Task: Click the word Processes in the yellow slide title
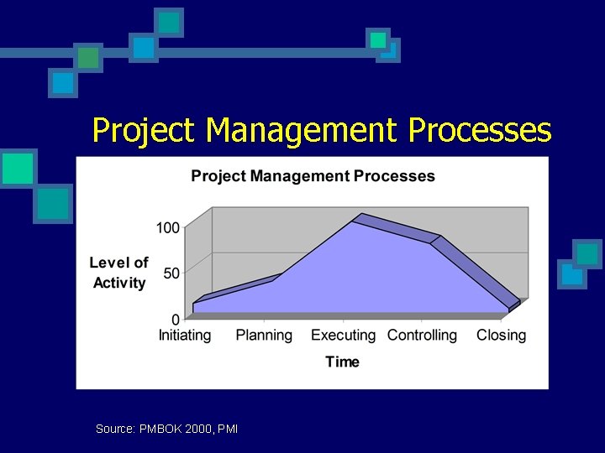[480, 131]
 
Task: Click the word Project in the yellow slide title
[145, 131]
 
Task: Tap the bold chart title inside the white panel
[313, 176]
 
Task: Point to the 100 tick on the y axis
[167, 227]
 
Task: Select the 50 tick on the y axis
[171, 273]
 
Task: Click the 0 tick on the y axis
[176, 320]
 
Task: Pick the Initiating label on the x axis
[185, 336]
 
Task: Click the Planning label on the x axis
[264, 336]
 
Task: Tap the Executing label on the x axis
[343, 336]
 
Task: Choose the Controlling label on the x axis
[422, 336]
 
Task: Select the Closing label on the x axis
[501, 336]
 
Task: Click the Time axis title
[342, 362]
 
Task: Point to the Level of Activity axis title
[118, 273]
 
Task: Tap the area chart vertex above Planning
[271, 281]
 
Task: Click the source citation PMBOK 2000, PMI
[166, 429]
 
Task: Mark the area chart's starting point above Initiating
[194, 303]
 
